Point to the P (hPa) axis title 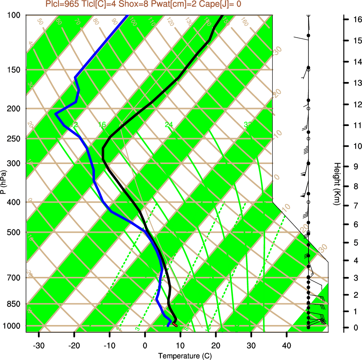pyautogui.click(x=3, y=182)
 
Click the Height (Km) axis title pyautogui.click(x=337, y=184)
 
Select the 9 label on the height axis pyautogui.click(x=356, y=166)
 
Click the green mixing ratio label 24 pyautogui.click(x=169, y=125)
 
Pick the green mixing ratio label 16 pyautogui.click(x=102, y=125)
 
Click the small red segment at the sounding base pyautogui.click(x=175, y=325)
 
